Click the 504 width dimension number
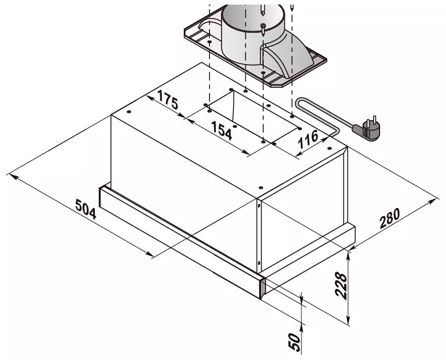click(x=86, y=209)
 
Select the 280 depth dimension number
click(x=390, y=218)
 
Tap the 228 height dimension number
click(x=341, y=286)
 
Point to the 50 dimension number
click(x=294, y=342)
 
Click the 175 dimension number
click(x=168, y=100)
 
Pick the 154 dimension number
click(x=222, y=131)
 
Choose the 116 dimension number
click(x=308, y=139)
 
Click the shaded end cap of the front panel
click(x=262, y=288)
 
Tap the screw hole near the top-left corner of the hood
click(x=129, y=112)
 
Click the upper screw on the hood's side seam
click(x=259, y=205)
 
